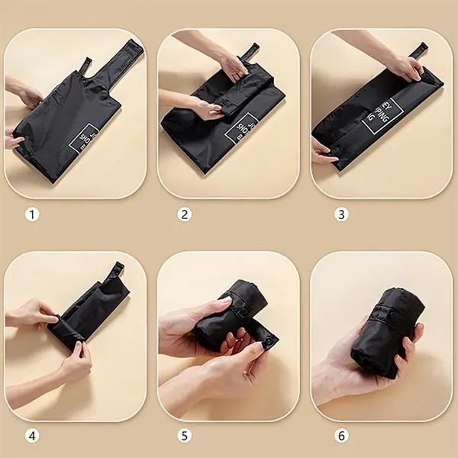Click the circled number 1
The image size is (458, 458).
pyautogui.click(x=31, y=214)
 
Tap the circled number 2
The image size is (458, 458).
pyautogui.click(x=184, y=214)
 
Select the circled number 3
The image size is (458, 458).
pyautogui.click(x=341, y=214)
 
